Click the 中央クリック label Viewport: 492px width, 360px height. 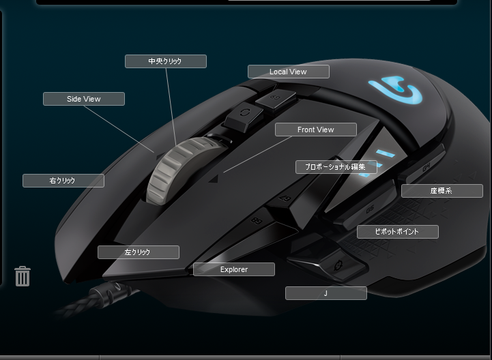pos(166,61)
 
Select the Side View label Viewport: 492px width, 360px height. pos(84,99)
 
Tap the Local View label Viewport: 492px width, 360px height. pos(289,72)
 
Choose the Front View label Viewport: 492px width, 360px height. pos(316,130)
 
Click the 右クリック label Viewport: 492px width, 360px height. pos(63,181)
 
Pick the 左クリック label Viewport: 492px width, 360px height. pos(139,252)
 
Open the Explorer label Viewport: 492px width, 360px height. pos(234,269)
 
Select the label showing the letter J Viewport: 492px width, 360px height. pos(326,293)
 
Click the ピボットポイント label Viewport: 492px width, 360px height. pos(398,232)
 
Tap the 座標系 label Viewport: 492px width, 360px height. pos(442,191)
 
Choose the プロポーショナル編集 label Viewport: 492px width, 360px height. pos(336,167)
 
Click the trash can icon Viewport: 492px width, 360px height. pos(23,276)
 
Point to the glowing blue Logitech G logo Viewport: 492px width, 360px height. pos(396,90)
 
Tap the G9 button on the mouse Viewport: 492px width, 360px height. pos(276,100)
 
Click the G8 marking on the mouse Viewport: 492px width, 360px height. pos(257,220)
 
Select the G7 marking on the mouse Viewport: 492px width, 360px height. pos(285,198)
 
